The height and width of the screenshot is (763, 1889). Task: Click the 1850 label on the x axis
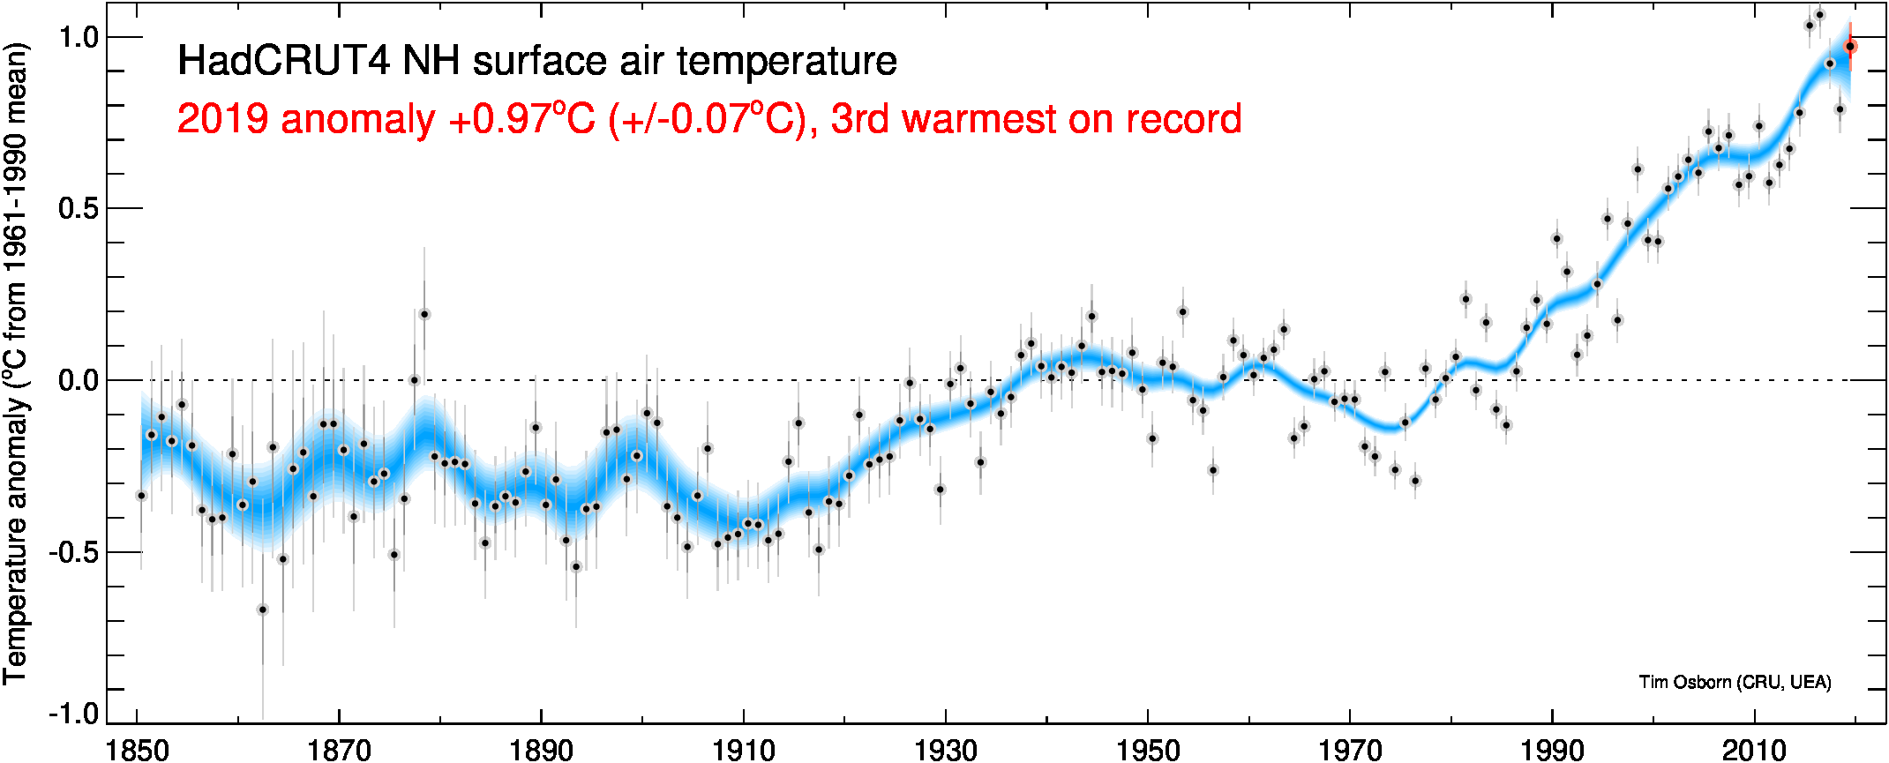coord(137,750)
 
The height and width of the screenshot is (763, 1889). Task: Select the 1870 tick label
coord(339,750)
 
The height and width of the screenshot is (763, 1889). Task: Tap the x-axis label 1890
coord(541,750)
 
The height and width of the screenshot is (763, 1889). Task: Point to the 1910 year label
coord(743,750)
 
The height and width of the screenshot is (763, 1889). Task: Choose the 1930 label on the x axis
coord(945,750)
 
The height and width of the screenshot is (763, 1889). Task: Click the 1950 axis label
coord(1147,750)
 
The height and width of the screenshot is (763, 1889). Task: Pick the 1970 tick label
coord(1349,750)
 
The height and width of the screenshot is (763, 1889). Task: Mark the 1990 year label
coord(1552,750)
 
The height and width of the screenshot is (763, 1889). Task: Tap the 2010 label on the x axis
coord(1754,750)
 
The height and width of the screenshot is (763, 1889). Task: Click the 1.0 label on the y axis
coord(78,37)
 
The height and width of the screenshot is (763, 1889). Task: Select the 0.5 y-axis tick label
coord(78,209)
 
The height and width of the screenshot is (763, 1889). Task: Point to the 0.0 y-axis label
coord(78,381)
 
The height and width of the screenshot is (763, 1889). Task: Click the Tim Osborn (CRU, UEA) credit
coord(1735,682)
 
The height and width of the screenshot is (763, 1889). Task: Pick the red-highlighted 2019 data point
coord(1850,47)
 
